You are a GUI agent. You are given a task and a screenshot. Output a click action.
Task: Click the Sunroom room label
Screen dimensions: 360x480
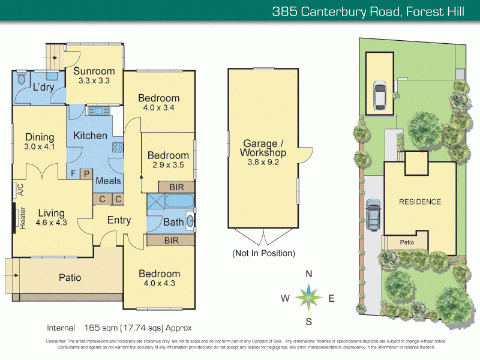(94, 71)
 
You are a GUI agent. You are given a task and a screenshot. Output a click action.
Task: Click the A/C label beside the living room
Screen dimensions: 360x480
(20, 190)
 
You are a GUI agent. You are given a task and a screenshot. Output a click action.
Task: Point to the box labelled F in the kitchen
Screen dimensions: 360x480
(73, 173)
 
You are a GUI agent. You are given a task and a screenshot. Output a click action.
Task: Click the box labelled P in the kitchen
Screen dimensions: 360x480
(86, 173)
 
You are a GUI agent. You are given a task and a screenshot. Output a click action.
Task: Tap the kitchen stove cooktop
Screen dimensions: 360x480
(118, 147)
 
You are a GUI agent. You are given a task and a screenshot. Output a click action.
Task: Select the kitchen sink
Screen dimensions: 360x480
(97, 110)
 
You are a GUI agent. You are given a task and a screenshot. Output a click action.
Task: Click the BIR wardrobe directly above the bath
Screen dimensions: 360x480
(176, 187)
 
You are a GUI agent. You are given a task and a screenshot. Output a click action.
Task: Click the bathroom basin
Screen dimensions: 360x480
(191, 221)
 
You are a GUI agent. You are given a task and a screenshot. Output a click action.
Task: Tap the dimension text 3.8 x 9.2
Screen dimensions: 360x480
(264, 162)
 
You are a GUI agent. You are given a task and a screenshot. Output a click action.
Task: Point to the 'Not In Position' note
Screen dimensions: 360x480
(264, 253)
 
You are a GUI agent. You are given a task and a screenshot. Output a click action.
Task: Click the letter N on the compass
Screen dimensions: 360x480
(309, 274)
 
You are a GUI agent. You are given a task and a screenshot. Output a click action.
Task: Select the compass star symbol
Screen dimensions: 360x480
(309, 297)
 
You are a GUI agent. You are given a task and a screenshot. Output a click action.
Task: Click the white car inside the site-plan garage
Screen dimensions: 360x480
(380, 94)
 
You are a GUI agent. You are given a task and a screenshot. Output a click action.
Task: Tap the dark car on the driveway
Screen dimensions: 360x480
(373, 214)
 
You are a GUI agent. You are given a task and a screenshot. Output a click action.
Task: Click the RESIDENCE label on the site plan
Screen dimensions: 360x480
(420, 202)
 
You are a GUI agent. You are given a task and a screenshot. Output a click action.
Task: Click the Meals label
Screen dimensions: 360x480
(108, 181)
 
